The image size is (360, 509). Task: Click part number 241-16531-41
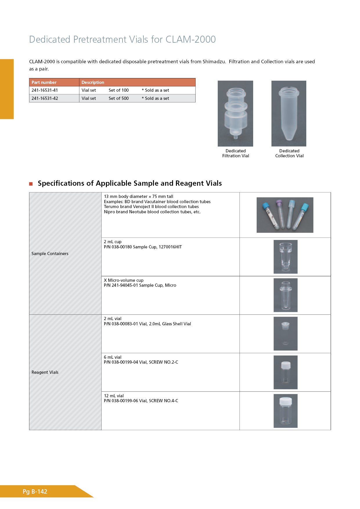[45, 90]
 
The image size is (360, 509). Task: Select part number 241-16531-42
[45, 98]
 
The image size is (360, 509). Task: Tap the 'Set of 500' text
[118, 98]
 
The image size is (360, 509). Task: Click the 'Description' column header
[93, 82]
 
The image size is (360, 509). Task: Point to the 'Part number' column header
[44, 82]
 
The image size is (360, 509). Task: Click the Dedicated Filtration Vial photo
[235, 113]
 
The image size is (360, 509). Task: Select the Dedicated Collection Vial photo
[289, 113]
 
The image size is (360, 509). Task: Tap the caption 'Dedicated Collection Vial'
[289, 154]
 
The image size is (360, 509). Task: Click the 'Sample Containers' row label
[50, 254]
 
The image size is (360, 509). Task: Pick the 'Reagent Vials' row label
[45, 372]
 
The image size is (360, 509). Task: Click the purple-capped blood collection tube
[280, 215]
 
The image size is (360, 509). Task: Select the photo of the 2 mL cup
[285, 257]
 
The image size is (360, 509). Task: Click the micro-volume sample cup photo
[285, 295]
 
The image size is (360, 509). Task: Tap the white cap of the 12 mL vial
[285, 401]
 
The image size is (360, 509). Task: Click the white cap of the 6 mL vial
[286, 365]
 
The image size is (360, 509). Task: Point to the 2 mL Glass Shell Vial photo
[285, 334]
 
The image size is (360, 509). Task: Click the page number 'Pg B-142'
[35, 492]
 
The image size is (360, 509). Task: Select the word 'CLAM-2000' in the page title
[190, 39]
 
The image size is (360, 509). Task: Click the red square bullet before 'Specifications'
[31, 184]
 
